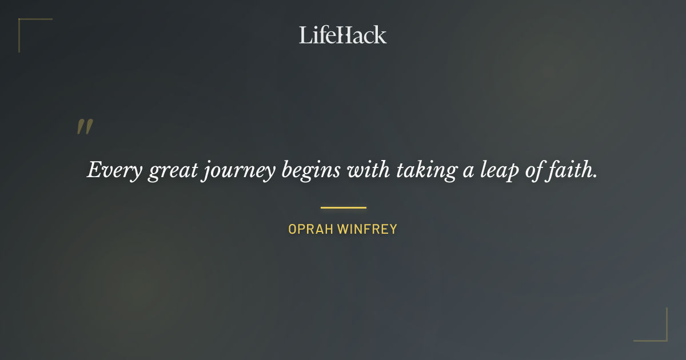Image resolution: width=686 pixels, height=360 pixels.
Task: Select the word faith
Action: tap(569, 170)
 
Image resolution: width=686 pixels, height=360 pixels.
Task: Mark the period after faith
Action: tap(595, 177)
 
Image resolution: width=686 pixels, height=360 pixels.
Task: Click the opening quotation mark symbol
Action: tap(85, 127)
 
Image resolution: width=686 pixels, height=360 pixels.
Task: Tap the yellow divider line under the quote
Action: tap(343, 207)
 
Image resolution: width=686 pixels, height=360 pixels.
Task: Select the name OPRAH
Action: tap(311, 230)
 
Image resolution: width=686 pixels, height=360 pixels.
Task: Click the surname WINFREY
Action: tap(368, 230)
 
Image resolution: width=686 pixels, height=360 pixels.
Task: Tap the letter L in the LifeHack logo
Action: tap(305, 35)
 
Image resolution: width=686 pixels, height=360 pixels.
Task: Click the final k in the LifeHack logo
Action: tap(380, 35)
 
